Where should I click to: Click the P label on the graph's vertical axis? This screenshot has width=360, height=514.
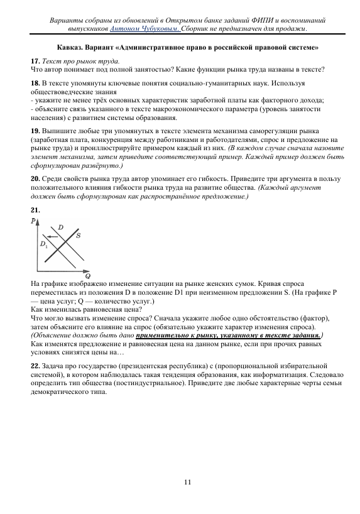33,222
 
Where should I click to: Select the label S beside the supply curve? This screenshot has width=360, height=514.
78,236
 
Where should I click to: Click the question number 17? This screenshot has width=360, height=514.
35,60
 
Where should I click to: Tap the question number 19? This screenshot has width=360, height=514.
35,132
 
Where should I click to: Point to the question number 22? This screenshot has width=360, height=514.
35,365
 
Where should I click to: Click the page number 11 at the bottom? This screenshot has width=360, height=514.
187,482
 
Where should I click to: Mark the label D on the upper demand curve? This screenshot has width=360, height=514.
60,226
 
